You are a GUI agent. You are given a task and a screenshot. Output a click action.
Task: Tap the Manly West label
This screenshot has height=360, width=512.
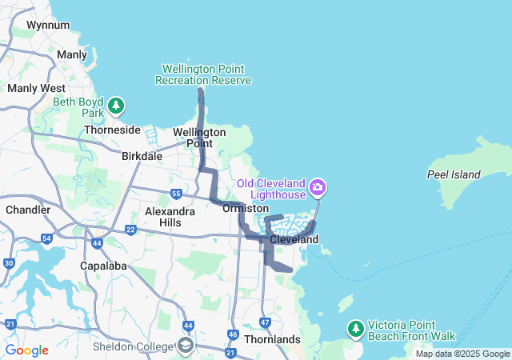[36, 88]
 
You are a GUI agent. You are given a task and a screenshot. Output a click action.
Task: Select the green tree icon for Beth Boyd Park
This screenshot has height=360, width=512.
[117, 105]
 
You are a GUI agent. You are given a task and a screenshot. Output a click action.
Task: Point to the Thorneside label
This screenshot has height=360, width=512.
[112, 130]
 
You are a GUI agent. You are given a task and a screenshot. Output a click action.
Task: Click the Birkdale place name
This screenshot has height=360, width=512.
[142, 156]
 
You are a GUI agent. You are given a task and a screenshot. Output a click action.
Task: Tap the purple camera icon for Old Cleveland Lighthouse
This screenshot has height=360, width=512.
[318, 188]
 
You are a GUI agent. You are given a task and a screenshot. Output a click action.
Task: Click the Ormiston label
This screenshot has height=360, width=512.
[246, 208]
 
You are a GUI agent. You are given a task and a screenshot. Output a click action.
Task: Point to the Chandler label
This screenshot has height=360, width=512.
[28, 210]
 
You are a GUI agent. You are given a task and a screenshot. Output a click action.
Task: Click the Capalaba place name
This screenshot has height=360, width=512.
[100, 265]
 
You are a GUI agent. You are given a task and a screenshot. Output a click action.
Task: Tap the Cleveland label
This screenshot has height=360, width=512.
[294, 239]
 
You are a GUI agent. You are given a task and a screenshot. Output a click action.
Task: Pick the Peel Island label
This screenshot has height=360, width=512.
[454, 174]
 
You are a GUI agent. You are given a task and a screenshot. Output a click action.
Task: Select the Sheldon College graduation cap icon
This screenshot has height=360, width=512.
[186, 346]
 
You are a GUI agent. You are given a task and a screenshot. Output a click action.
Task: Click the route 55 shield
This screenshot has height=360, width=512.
[176, 194]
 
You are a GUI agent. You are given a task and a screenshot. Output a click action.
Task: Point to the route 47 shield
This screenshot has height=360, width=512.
[266, 322]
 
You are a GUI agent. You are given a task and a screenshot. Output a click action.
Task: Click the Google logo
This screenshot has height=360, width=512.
[26, 350]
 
